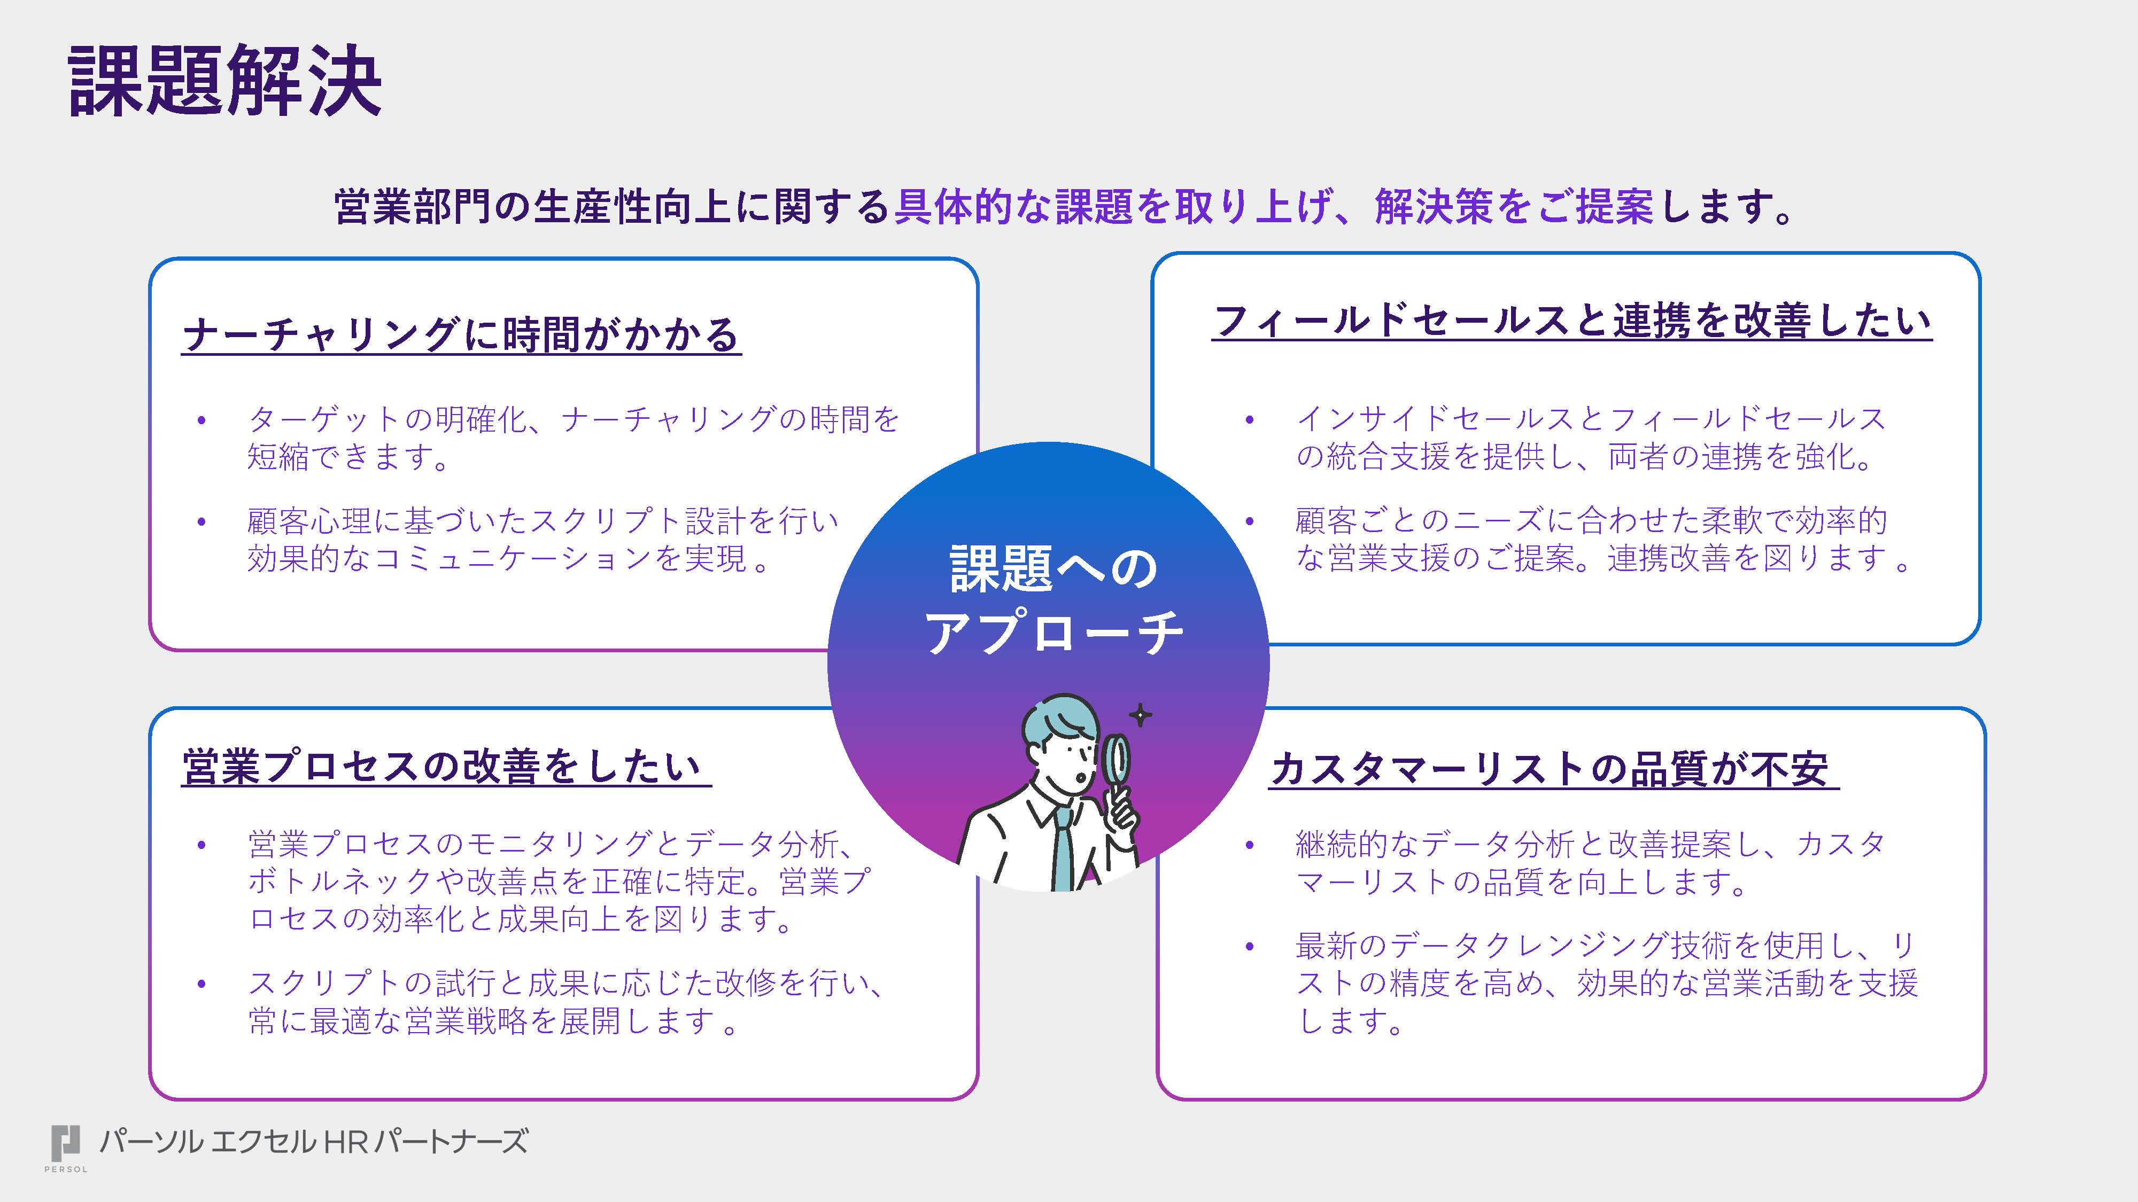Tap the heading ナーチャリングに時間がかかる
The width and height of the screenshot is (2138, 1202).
click(461, 334)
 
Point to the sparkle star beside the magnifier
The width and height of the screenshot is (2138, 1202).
click(1141, 714)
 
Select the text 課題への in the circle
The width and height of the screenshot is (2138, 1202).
click(1052, 569)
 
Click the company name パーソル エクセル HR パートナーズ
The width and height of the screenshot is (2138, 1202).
click(313, 1142)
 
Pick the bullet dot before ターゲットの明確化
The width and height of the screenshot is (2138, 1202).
click(202, 420)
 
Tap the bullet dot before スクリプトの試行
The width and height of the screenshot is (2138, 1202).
click(202, 985)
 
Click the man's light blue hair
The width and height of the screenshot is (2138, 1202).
click(1054, 720)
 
